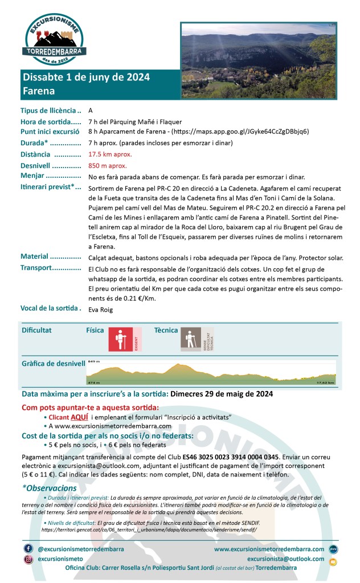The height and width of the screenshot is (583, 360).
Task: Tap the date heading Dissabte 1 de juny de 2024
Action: click(x=86, y=78)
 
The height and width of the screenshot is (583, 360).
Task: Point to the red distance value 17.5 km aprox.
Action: click(x=110, y=154)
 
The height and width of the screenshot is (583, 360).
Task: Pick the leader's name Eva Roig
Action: click(x=101, y=309)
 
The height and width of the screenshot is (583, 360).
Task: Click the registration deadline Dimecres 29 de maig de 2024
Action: click(x=222, y=394)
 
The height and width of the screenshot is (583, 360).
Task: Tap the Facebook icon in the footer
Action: click(x=28, y=548)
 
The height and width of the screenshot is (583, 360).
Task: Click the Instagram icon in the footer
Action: click(x=28, y=559)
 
